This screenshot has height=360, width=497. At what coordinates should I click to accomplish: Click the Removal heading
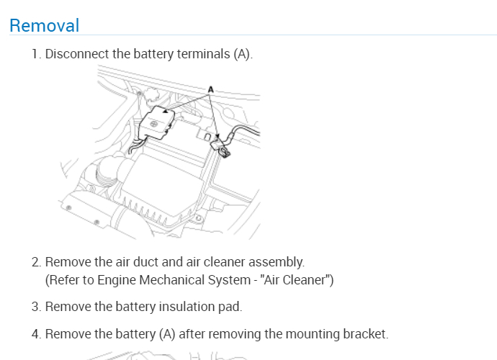[44, 25]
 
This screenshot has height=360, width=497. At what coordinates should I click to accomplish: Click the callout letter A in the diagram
[211, 89]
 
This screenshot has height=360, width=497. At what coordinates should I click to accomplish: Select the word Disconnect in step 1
[78, 54]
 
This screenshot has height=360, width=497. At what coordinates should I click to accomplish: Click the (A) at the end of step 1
[242, 54]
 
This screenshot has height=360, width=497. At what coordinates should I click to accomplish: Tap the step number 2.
[35, 261]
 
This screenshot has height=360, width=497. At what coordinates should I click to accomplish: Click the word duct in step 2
[143, 261]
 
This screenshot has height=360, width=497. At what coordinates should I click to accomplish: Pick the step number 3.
[35, 307]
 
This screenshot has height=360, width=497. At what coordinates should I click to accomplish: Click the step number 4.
[35, 333]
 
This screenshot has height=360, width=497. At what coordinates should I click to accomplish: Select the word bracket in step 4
[367, 333]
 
